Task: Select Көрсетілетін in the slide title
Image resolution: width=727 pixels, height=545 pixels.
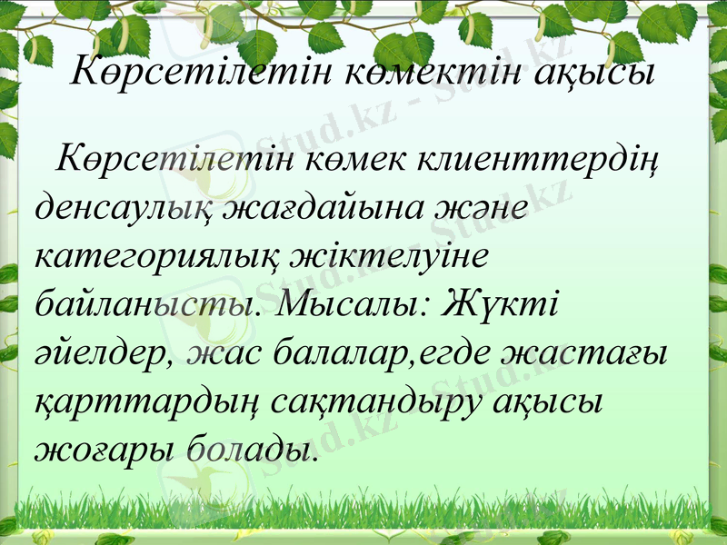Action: point(202,69)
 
